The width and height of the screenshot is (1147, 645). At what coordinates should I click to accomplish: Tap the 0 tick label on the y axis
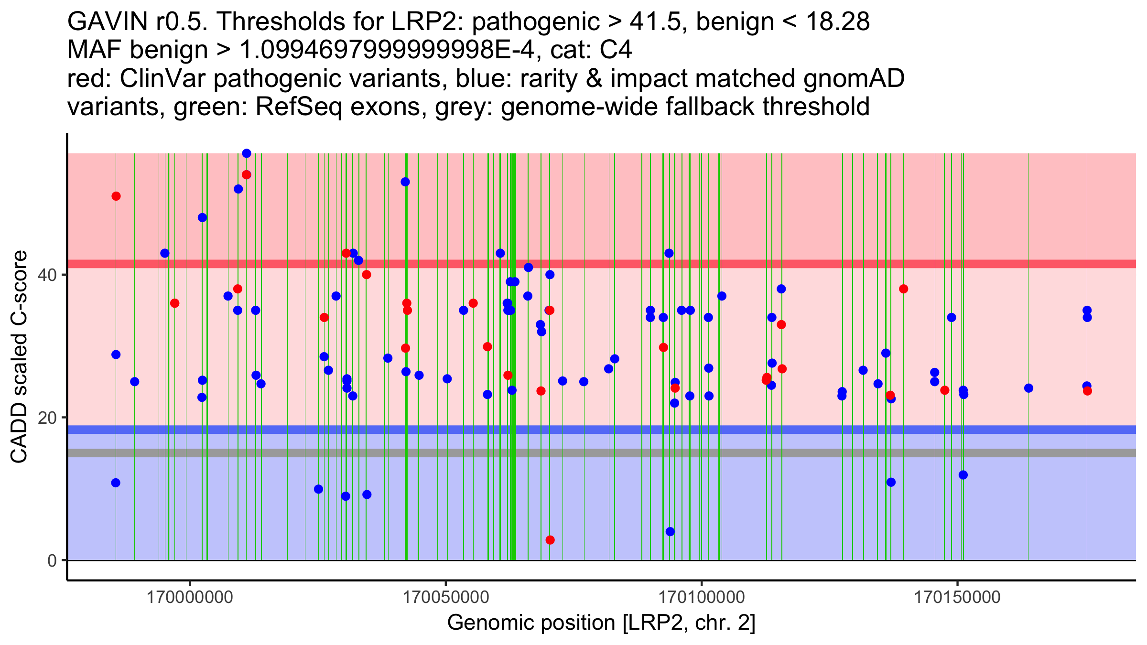point(52,560)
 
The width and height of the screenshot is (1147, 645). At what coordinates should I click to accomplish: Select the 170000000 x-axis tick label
point(190,597)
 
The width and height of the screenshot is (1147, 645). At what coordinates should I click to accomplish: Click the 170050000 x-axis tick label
point(446,597)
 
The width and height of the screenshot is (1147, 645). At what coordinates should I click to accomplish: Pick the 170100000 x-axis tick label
point(702,597)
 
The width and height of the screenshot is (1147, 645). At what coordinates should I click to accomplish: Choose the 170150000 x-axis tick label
point(957,597)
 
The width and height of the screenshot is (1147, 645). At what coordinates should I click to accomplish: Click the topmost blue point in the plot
point(247,153)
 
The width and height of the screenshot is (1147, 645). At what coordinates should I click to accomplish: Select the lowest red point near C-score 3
point(550,540)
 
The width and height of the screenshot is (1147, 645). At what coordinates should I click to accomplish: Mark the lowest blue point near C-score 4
point(670,532)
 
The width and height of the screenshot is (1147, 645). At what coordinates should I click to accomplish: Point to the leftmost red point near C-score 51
point(116,196)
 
